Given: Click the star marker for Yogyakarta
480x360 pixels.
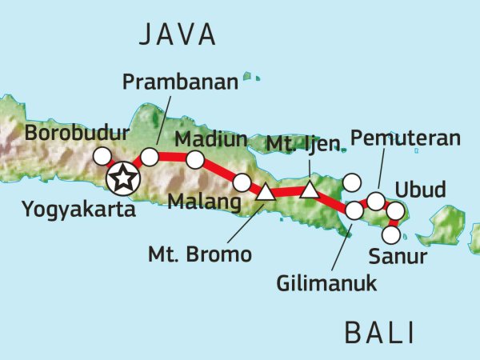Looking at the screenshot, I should pyautogui.click(x=122, y=178).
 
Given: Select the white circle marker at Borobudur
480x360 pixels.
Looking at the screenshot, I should pyautogui.click(x=102, y=156).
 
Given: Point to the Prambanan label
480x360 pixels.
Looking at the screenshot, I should pyautogui.click(x=170, y=82).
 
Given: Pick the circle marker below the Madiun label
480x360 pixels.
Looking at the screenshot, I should pyautogui.click(x=195, y=160).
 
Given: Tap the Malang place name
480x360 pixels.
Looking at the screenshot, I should pyautogui.click(x=204, y=202).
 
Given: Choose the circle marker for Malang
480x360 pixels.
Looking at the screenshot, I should pyautogui.click(x=242, y=183).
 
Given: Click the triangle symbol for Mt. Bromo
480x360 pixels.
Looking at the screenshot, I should pyautogui.click(x=265, y=192).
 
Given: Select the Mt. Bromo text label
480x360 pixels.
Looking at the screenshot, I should pyautogui.click(x=200, y=255).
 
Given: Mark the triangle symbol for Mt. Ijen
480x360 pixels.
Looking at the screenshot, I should pyautogui.click(x=309, y=190).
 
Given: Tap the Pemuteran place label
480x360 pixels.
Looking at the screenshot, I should pyautogui.click(x=406, y=138).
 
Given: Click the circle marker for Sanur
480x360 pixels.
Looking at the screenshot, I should pyautogui.click(x=390, y=235).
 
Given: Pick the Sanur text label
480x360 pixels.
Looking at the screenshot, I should pyautogui.click(x=398, y=258).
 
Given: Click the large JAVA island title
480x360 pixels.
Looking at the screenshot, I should pyautogui.click(x=177, y=34).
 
